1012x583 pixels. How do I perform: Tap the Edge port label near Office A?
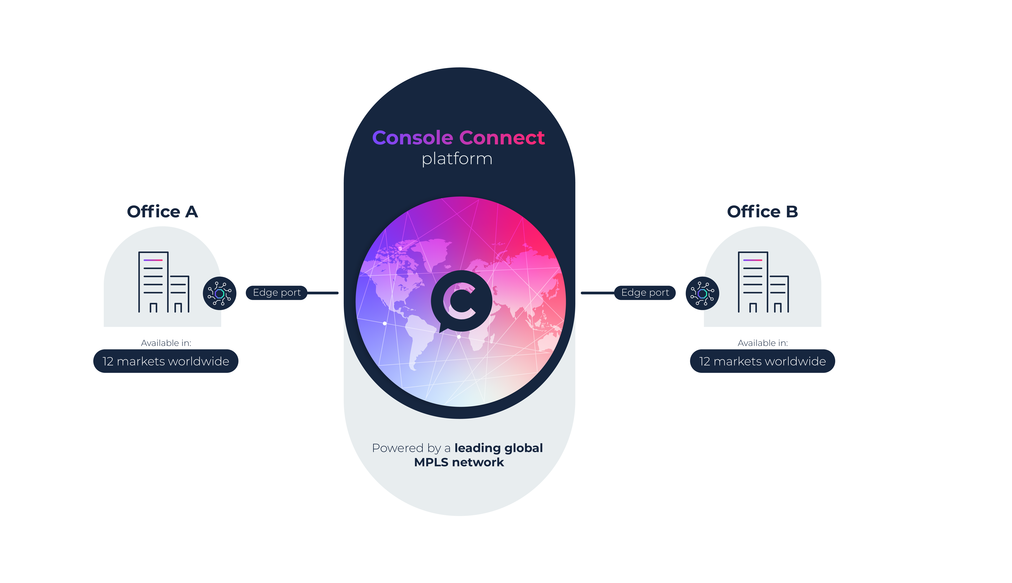[277, 293]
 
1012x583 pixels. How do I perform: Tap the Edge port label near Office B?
[645, 293]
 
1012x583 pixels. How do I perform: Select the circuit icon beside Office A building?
[219, 293]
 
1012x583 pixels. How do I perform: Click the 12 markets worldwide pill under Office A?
[166, 361]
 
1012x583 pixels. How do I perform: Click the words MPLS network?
[459, 463]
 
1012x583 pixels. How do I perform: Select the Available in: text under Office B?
[763, 343]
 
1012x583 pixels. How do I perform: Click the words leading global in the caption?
[498, 448]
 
